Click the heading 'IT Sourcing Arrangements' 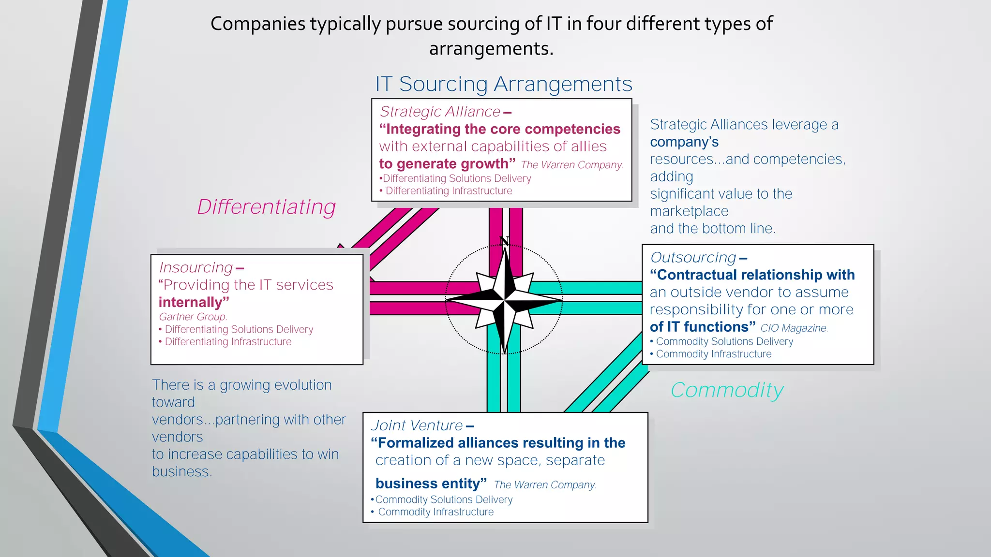coord(504,84)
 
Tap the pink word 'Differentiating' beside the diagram coord(266,207)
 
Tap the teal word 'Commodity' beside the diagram coord(727,390)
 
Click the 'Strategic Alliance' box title coord(440,112)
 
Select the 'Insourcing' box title coord(196,267)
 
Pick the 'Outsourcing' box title coord(693,258)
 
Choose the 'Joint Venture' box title coord(417,425)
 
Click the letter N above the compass coord(504,241)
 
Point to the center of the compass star coord(504,300)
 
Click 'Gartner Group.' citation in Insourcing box coord(193,317)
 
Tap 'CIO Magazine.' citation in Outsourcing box coord(794,328)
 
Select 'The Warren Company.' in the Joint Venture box coord(545,485)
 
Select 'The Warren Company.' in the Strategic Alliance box coord(572,165)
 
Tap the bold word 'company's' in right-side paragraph coord(684,142)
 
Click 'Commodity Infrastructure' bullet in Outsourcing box coord(713,354)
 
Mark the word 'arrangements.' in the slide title coord(491,48)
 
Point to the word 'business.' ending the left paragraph coord(182,471)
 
